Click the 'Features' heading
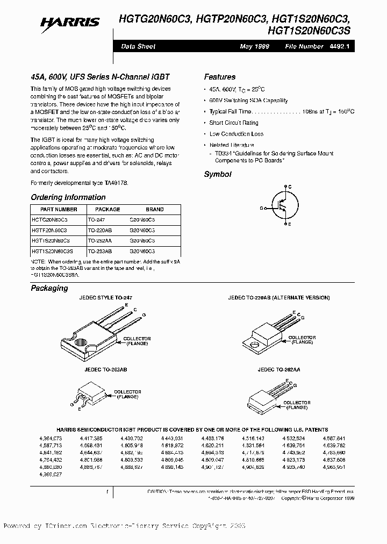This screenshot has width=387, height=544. click(219, 77)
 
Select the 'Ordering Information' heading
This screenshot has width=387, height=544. click(68, 197)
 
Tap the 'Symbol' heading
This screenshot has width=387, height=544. click(218, 174)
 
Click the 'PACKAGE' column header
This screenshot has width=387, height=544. click(107, 209)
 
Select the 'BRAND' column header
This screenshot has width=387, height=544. click(155, 209)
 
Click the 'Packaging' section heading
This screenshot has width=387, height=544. click(49, 288)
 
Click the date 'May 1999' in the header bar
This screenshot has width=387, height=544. click(254, 47)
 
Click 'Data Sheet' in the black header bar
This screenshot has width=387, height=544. click(138, 47)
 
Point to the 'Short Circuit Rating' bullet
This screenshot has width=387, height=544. click(234, 123)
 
